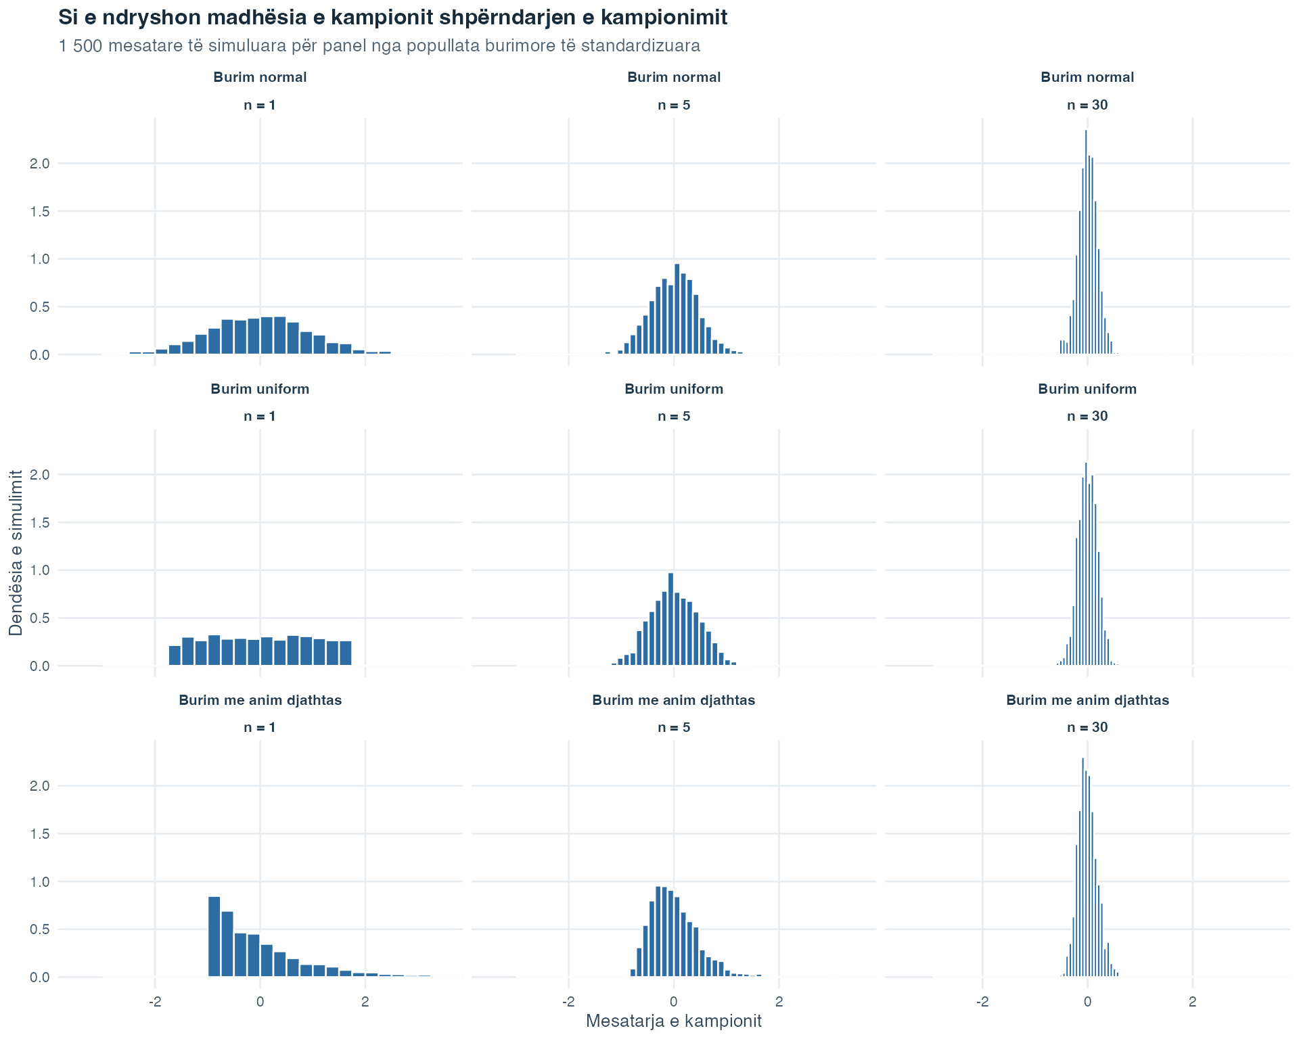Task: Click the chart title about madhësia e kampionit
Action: pyautogui.click(x=393, y=18)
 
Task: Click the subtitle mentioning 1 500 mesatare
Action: pyautogui.click(x=380, y=46)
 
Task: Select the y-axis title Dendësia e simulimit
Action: pyautogui.click(x=16, y=553)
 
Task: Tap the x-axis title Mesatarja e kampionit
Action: pyautogui.click(x=674, y=1021)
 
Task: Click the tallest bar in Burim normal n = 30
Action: pyautogui.click(x=1086, y=242)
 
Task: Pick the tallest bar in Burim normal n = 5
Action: pyautogui.click(x=677, y=309)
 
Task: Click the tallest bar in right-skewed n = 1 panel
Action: pyautogui.click(x=214, y=937)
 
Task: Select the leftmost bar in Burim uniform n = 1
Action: pyautogui.click(x=175, y=655)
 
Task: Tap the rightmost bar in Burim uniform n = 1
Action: pyautogui.click(x=346, y=653)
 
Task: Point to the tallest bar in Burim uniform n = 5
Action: pyautogui.click(x=670, y=619)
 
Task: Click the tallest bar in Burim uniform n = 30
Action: pyautogui.click(x=1086, y=564)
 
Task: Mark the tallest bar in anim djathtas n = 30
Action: pyautogui.click(x=1082, y=867)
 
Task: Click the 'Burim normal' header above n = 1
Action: pyautogui.click(x=260, y=77)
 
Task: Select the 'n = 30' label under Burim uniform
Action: pyautogui.click(x=1087, y=416)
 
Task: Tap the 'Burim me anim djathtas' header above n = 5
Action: pyautogui.click(x=674, y=700)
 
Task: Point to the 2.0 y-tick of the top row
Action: pyautogui.click(x=41, y=164)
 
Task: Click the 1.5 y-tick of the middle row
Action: pyautogui.click(x=41, y=523)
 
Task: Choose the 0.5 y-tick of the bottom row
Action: pyautogui.click(x=41, y=929)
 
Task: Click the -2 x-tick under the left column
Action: pyautogui.click(x=155, y=1001)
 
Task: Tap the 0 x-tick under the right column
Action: pyautogui.click(x=1087, y=1001)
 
